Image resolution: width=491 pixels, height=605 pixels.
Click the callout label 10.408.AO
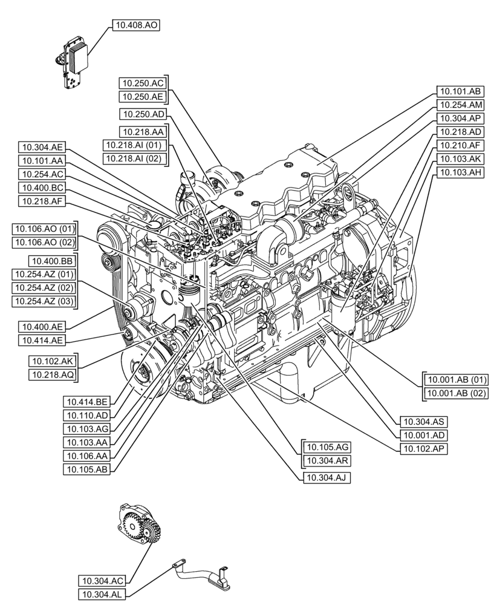[x=135, y=25]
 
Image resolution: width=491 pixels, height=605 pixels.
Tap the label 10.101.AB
[x=459, y=92]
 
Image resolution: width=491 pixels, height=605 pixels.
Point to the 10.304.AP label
[x=459, y=119]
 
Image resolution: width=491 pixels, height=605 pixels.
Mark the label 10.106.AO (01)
[x=43, y=229]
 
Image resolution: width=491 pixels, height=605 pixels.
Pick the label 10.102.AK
[x=51, y=362]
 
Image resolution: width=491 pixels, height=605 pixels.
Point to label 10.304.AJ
[x=327, y=477]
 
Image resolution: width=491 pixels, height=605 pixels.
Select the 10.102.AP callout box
[x=422, y=448]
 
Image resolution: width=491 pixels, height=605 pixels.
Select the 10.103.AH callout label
[x=459, y=172]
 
